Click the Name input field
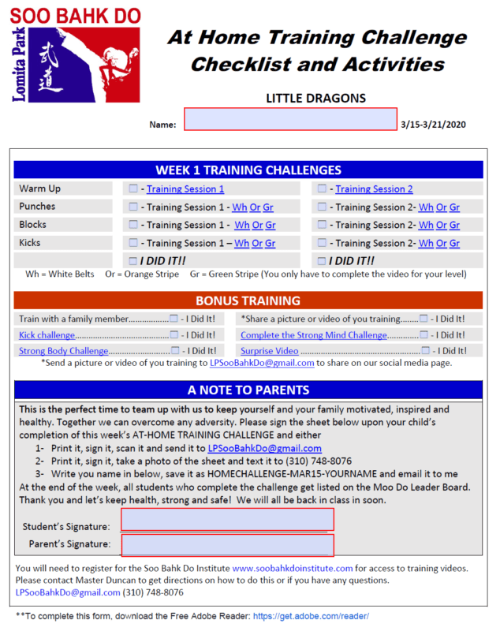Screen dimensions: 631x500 (290, 119)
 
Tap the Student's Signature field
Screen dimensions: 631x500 (227, 520)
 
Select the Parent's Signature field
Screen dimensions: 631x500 (227, 545)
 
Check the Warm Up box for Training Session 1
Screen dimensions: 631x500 (133, 189)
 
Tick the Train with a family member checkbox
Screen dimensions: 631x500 (174, 319)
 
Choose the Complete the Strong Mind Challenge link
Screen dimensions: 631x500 (314, 335)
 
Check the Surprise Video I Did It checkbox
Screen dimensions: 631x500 (426, 351)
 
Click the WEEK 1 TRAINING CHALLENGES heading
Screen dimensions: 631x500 (248, 170)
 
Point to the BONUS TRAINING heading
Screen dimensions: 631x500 (248, 301)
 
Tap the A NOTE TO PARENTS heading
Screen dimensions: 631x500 (248, 390)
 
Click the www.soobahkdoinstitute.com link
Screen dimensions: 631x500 (293, 568)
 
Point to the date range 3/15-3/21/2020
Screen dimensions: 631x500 (433, 125)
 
